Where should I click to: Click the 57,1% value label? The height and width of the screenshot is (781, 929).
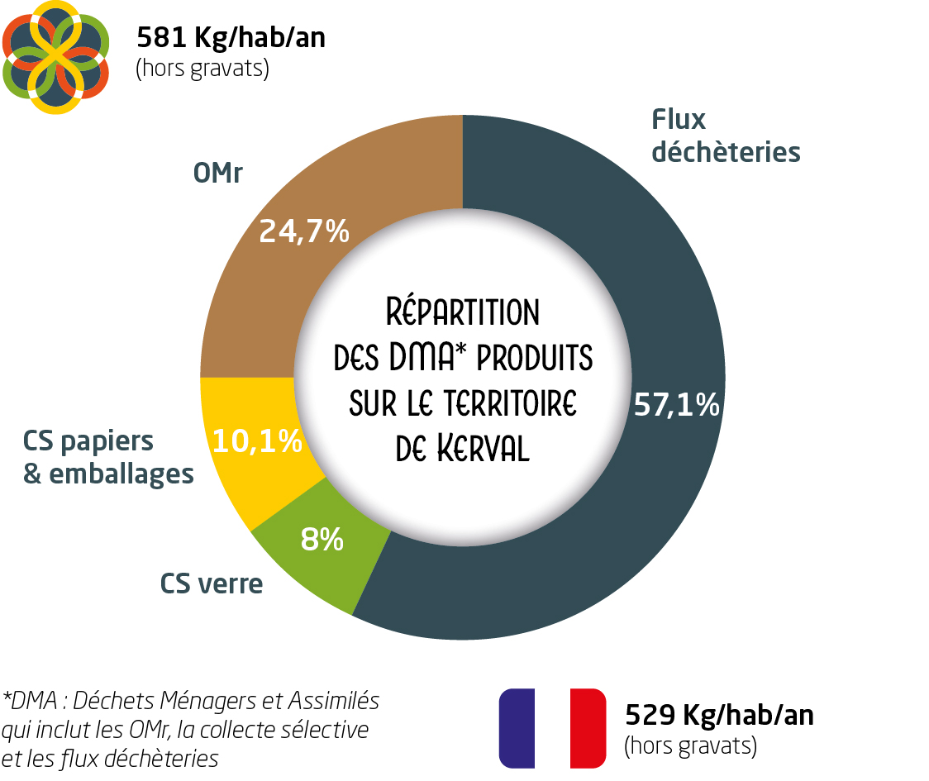[x=676, y=405]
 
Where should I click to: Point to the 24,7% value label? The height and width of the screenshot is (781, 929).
[x=304, y=232]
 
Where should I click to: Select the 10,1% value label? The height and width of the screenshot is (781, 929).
[x=257, y=442]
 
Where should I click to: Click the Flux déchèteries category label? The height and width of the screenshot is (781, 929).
[x=725, y=136]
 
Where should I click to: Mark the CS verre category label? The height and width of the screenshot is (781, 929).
[x=212, y=584]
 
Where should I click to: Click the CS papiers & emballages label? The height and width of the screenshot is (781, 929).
[x=108, y=457]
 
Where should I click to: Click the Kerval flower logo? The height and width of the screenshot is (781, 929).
[x=56, y=56]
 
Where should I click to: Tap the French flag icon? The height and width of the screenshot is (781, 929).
[x=552, y=727]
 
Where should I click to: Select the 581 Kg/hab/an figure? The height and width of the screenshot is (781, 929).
[x=231, y=38]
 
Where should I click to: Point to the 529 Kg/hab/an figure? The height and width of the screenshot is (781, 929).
[x=718, y=714]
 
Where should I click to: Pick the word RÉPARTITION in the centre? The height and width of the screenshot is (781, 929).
[x=463, y=313]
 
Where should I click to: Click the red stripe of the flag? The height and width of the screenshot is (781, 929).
[x=588, y=727]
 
